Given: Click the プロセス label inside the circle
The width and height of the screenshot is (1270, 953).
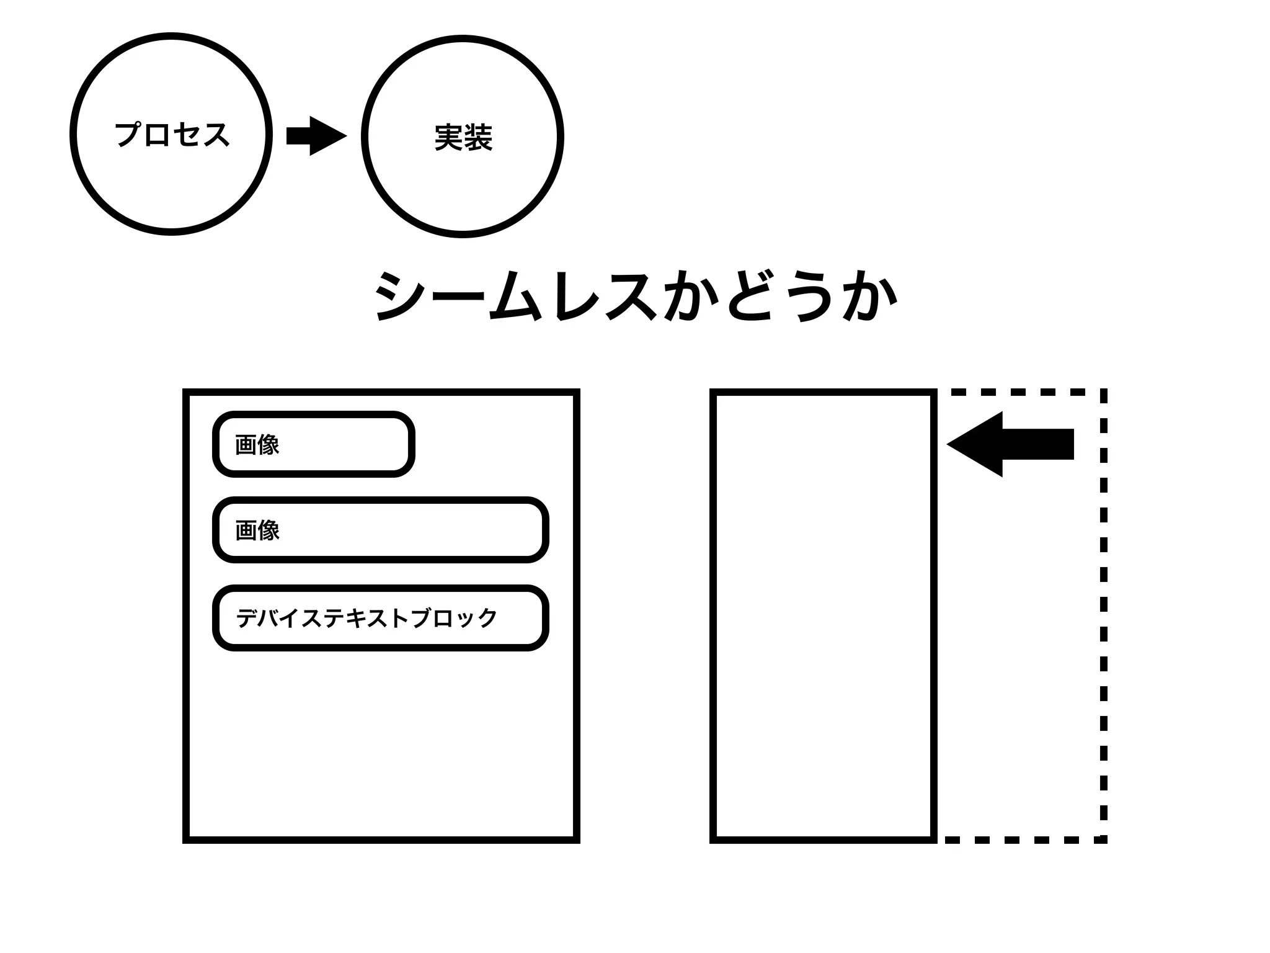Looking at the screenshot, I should pyautogui.click(x=172, y=135).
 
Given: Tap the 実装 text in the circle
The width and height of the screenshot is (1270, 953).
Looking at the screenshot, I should pyautogui.click(x=463, y=137).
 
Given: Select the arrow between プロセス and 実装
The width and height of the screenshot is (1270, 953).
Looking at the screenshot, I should pyautogui.click(x=316, y=136).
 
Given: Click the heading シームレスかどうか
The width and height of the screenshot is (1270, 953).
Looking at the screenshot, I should pyautogui.click(x=636, y=297).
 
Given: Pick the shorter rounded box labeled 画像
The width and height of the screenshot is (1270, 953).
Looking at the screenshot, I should pyautogui.click(x=313, y=444).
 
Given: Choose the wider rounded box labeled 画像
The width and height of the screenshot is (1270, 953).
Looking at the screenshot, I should pyautogui.click(x=380, y=530).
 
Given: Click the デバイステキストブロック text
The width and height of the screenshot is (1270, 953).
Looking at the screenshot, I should pyautogui.click(x=366, y=618).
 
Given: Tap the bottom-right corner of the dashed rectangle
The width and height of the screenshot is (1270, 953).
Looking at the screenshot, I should pyautogui.click(x=1103, y=839).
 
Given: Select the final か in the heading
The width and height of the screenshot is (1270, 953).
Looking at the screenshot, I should pyautogui.click(x=870, y=297).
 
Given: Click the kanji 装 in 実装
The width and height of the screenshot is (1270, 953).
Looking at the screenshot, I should pyautogui.click(x=478, y=137).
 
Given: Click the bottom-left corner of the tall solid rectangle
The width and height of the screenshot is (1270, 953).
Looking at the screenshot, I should pyautogui.click(x=714, y=839).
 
